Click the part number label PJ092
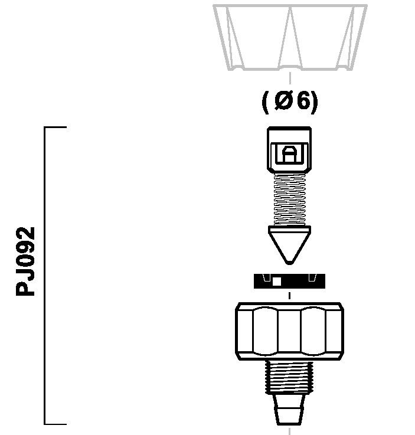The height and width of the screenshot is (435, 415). pos(25,261)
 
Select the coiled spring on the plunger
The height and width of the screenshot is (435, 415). pos(289,199)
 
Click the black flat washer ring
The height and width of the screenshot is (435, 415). pos(289,281)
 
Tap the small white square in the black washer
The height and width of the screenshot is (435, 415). pos(277,282)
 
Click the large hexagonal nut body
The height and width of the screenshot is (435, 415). pos(289,331)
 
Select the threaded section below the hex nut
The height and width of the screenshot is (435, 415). pos(289,377)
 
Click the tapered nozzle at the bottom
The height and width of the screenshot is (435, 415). pos(289,409)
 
